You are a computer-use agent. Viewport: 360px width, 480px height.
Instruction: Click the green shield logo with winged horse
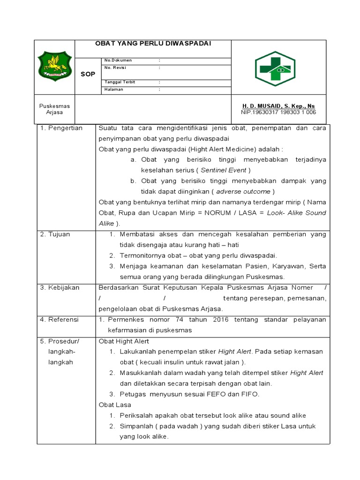click(x=54, y=66)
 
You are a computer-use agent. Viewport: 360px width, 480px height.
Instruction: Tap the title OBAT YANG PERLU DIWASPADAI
click(x=153, y=43)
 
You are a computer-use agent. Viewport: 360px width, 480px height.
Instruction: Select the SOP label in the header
click(x=88, y=74)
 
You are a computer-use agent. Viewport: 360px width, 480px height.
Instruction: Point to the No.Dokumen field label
click(x=118, y=60)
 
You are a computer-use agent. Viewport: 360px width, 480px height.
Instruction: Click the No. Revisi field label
click(x=116, y=67)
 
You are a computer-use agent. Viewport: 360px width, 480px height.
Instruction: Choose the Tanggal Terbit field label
click(x=120, y=82)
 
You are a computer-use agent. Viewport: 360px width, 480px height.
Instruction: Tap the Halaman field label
click(x=113, y=90)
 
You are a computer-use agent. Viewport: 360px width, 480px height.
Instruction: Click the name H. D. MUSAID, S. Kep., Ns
click(x=278, y=106)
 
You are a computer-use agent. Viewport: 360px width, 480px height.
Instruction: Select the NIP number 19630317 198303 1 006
click(x=278, y=112)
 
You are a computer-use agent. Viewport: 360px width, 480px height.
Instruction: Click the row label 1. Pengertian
click(x=61, y=128)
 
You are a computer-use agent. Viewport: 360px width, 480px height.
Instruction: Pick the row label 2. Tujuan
click(x=55, y=234)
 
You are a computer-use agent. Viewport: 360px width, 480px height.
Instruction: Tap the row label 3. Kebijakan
click(x=60, y=287)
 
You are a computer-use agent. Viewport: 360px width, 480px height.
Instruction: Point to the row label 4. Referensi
click(x=60, y=320)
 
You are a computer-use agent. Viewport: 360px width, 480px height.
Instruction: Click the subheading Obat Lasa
click(x=115, y=405)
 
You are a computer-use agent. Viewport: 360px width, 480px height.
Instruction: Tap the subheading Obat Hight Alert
click(x=124, y=341)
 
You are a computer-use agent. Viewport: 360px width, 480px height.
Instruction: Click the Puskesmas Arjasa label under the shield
click(x=54, y=109)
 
